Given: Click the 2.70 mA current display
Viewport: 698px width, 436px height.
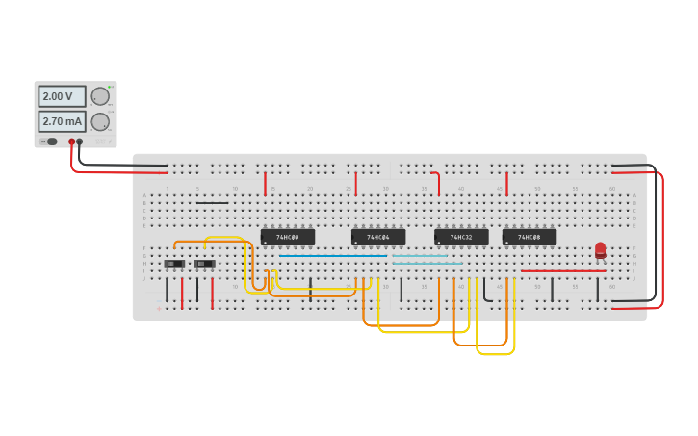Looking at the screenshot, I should coord(62,121).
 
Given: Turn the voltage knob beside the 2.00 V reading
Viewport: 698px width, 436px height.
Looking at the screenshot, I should coord(99,96).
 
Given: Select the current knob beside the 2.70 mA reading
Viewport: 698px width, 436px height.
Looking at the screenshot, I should coord(99,121).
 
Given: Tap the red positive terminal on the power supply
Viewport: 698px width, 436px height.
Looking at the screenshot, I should coord(71,141).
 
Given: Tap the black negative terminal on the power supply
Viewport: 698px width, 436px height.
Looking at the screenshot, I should coord(80,141).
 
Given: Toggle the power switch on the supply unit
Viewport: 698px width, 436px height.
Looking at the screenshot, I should coord(50,141).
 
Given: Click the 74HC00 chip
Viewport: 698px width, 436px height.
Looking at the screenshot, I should coord(287,237).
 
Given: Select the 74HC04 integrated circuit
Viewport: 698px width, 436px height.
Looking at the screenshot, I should coord(377,237).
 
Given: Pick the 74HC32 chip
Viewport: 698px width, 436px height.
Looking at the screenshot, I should coord(461,237).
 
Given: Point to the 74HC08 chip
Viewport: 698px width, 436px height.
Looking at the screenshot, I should coord(529,237).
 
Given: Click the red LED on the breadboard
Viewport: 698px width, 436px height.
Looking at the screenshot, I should coord(601,250).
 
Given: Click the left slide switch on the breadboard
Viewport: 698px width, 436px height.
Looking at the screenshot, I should coord(173,264).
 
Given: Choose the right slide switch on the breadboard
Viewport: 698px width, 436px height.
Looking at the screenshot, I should coord(204,264).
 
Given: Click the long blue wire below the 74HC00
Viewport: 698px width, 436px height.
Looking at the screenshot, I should coord(332,256).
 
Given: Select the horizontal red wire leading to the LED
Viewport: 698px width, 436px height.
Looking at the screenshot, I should coord(563,271).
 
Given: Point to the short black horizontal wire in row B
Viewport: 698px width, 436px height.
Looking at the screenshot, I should coord(212,203).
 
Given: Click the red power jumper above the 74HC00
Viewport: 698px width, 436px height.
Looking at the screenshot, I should coord(265,183).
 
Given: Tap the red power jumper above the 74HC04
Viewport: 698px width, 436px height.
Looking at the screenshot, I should coord(355,183).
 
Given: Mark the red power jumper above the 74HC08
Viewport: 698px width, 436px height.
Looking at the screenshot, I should coord(506,183).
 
